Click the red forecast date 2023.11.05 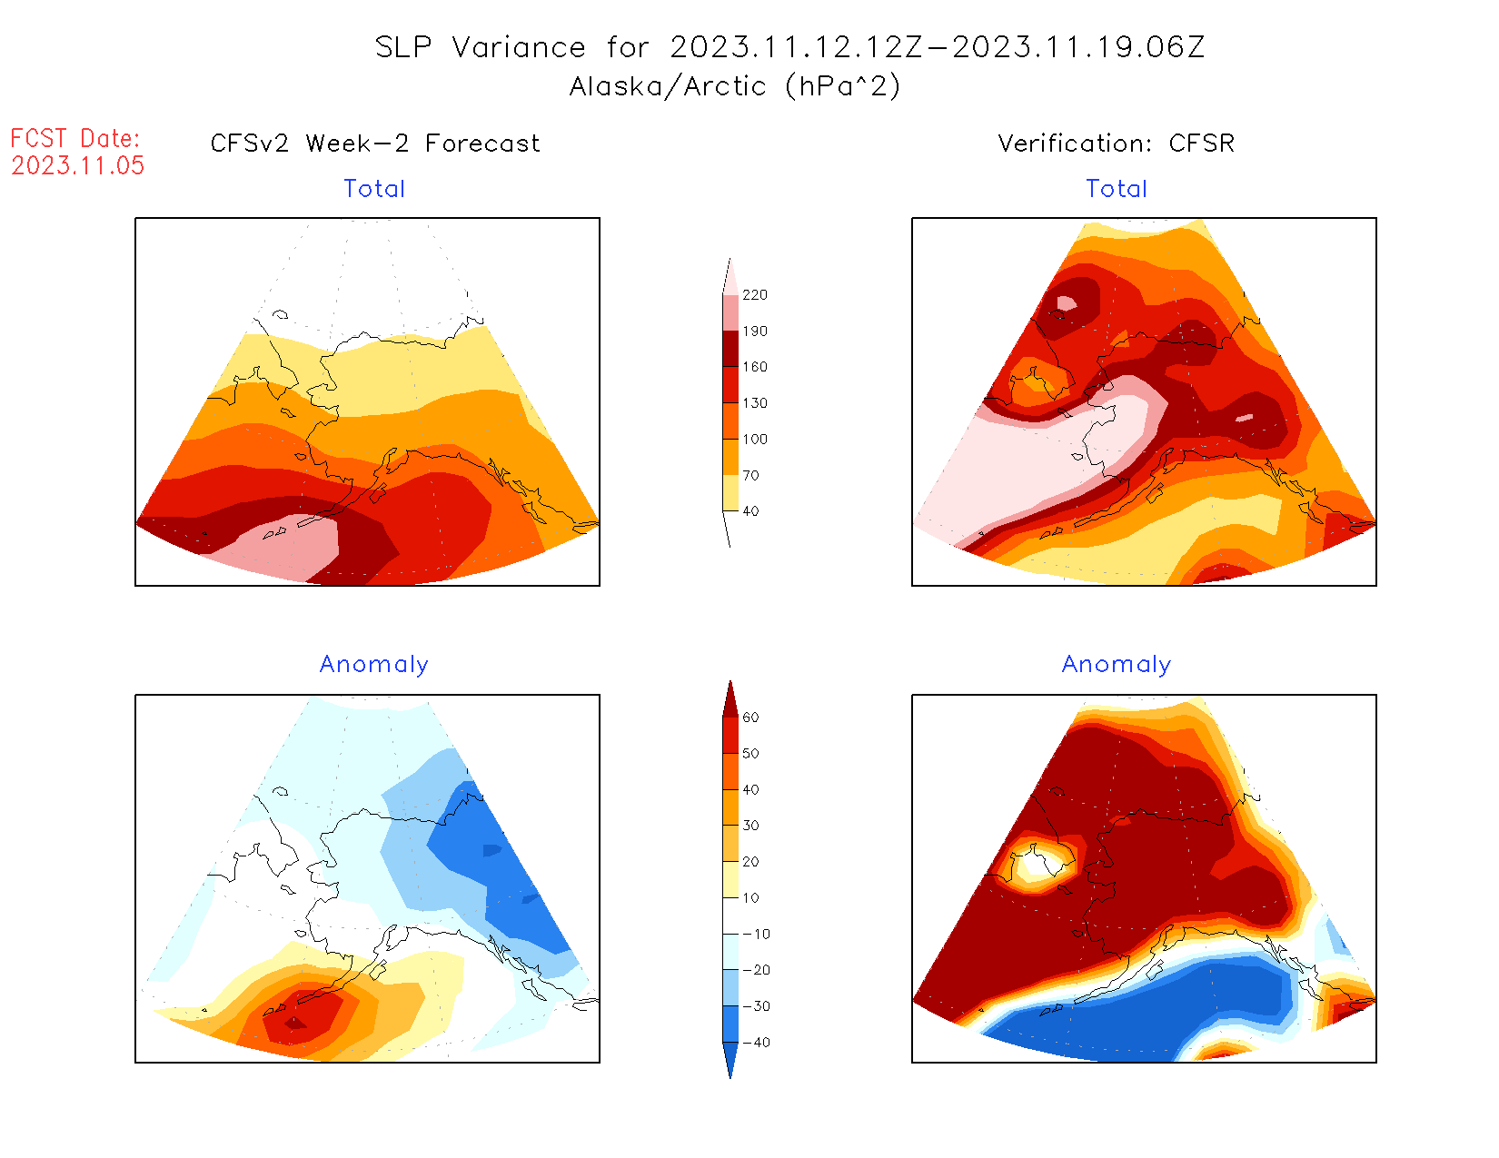(77, 165)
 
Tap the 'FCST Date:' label (75, 138)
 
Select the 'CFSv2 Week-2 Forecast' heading (374, 144)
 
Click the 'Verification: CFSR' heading (1116, 144)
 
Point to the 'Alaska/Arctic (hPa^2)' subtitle (734, 86)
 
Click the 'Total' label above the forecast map (374, 189)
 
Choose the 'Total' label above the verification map (1117, 189)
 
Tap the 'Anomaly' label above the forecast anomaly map (374, 665)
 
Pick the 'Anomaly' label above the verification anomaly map (1117, 665)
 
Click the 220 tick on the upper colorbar (754, 295)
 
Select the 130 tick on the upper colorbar (754, 403)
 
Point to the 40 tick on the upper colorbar (750, 511)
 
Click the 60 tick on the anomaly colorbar (750, 718)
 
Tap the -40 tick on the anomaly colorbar (756, 1043)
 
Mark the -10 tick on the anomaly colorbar (756, 934)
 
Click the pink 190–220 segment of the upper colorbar (730, 313)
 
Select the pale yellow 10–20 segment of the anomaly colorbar (730, 879)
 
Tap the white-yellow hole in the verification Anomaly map (1036, 861)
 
